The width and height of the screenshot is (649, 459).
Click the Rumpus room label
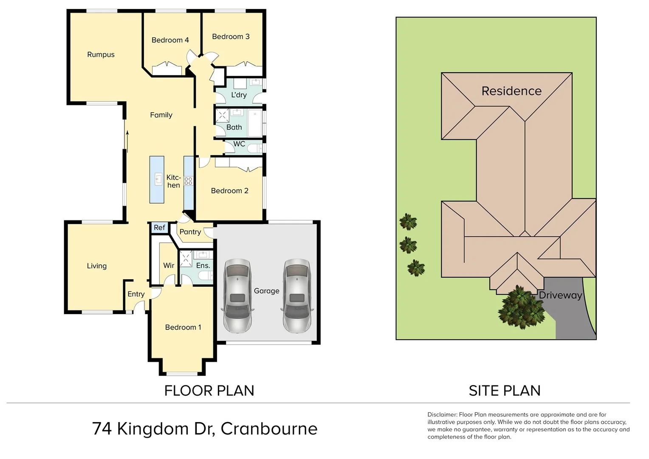click(101, 54)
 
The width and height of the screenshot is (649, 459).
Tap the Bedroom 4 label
click(170, 40)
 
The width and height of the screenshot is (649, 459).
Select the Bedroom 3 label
click(231, 37)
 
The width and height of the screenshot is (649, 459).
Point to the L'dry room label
click(239, 95)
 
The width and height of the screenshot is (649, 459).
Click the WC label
click(239, 144)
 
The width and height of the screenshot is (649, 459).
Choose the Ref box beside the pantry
click(159, 228)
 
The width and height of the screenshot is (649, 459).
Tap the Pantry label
click(190, 232)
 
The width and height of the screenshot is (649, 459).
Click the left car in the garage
click(237, 295)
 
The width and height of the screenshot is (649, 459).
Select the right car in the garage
click(297, 295)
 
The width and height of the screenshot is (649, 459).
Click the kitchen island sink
click(158, 179)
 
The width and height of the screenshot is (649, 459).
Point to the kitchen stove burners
click(188, 181)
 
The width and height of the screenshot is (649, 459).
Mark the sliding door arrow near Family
click(127, 140)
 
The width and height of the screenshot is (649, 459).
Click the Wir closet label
click(169, 266)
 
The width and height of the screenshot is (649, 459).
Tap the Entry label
click(136, 294)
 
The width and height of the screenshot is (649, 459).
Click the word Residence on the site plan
click(511, 91)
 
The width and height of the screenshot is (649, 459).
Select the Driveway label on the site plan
click(560, 295)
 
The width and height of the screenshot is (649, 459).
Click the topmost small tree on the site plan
click(408, 222)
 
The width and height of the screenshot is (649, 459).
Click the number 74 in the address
click(102, 429)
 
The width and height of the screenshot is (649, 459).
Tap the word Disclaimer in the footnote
click(442, 414)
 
